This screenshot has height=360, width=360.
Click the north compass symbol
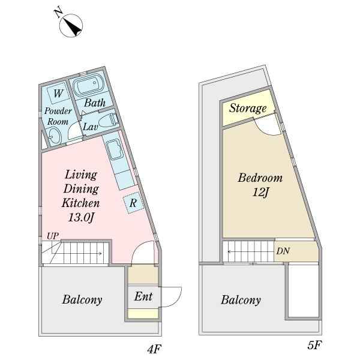point(71,25)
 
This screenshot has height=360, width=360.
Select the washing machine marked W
point(58,94)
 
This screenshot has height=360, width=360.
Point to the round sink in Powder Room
point(55,136)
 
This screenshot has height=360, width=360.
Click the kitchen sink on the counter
point(115,149)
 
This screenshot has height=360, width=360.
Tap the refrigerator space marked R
point(133,203)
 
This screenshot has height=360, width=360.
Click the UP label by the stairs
point(53,236)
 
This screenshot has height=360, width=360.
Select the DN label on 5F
point(283,251)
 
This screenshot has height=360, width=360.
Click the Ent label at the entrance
point(143,296)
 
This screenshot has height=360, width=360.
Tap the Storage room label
point(248,108)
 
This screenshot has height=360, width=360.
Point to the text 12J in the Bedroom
point(260,192)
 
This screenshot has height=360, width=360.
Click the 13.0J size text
point(81,217)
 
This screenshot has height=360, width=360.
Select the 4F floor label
point(154,349)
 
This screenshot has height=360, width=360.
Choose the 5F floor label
point(314,345)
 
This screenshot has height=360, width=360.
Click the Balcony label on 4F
point(82,299)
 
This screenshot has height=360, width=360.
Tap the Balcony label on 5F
point(241,300)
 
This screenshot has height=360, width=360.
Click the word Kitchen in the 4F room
point(80,203)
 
